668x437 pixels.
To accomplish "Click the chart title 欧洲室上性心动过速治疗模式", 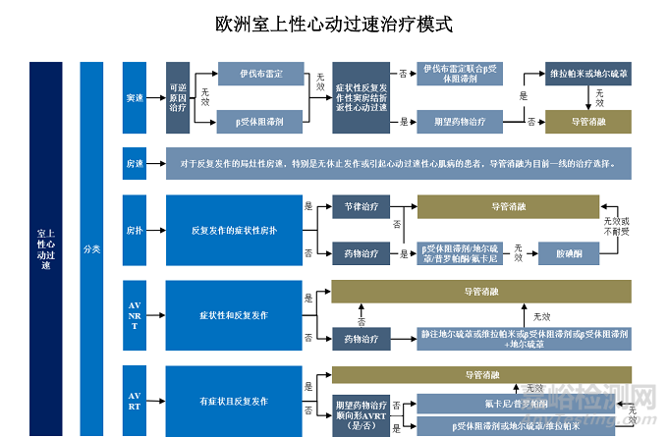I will [334, 23].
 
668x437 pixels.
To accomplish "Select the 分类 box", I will [91, 248].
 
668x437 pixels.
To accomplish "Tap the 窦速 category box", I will [135, 98].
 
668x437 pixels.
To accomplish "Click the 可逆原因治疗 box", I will [178, 98].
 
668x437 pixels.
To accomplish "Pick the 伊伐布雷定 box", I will [260, 75].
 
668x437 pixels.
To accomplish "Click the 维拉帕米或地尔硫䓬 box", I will [588, 75].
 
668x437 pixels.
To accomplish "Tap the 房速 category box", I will [135, 163].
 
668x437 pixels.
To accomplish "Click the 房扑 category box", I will [135, 230].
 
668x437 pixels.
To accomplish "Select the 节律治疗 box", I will [361, 207].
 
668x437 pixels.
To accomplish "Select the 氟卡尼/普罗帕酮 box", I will [516, 404].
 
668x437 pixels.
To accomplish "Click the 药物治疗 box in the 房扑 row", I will [361, 253].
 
